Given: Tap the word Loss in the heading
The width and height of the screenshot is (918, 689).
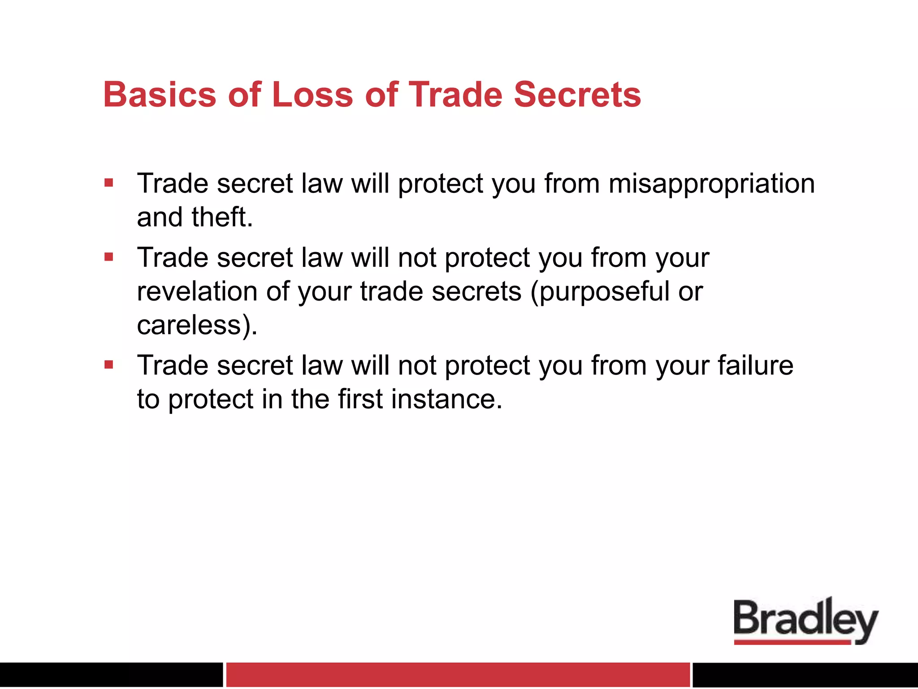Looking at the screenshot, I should [312, 95].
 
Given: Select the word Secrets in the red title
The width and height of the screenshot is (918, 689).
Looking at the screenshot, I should [577, 95].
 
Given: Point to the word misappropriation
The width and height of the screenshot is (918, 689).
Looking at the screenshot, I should [711, 184].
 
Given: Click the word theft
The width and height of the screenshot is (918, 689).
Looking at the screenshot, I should [222, 218].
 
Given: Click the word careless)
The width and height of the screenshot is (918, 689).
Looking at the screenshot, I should [197, 325].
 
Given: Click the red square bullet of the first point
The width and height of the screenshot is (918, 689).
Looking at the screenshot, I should [108, 183].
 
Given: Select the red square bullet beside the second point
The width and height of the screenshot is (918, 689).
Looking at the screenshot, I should [108, 257].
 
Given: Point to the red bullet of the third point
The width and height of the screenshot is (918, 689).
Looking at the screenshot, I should [108, 365].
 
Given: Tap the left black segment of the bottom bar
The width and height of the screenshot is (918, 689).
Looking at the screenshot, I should [111, 675].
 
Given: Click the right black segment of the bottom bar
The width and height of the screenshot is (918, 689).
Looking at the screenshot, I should [805, 675].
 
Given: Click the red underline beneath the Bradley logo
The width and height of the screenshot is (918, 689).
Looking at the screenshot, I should [792, 642].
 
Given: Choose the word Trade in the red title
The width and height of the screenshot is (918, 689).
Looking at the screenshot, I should [455, 95].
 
